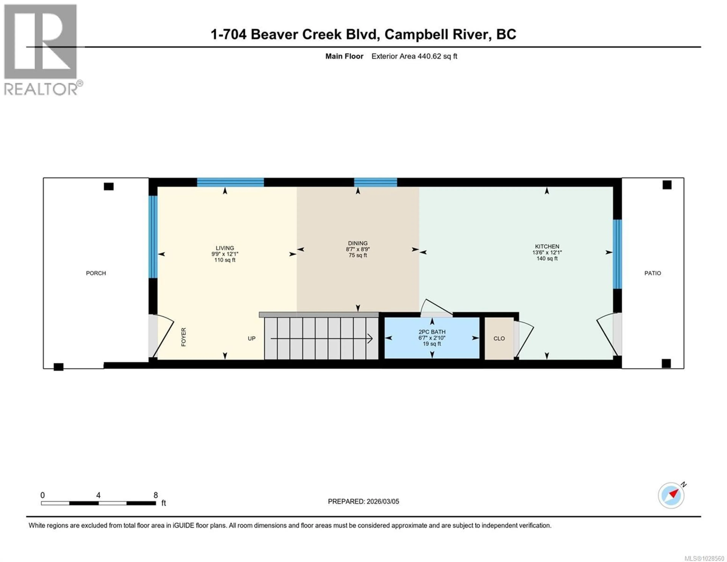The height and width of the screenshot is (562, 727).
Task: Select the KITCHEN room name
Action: (x=547, y=246)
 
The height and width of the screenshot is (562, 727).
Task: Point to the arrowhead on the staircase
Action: (x=370, y=338)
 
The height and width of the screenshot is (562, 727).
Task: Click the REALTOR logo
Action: (x=41, y=50)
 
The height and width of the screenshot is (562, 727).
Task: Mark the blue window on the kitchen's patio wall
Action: (x=617, y=254)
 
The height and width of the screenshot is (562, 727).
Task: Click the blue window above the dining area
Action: (x=375, y=182)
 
